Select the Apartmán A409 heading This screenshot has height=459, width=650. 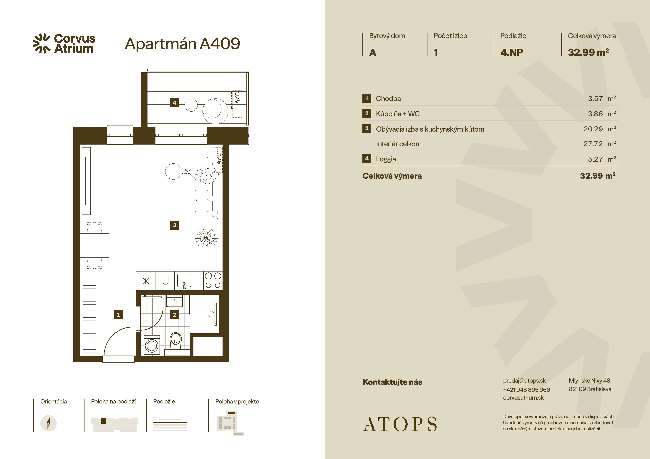182,44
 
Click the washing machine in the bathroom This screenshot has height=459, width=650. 152,345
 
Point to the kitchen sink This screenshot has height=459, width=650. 184,281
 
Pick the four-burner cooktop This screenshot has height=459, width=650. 213,281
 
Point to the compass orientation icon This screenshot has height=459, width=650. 48,423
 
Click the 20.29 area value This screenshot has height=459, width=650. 593,129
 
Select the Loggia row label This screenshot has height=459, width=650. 386,159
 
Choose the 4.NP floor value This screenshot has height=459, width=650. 512,52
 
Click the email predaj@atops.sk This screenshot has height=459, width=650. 524,381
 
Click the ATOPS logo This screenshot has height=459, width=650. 400,424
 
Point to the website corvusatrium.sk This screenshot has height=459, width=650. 523,398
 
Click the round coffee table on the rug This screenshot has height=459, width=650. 173,171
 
